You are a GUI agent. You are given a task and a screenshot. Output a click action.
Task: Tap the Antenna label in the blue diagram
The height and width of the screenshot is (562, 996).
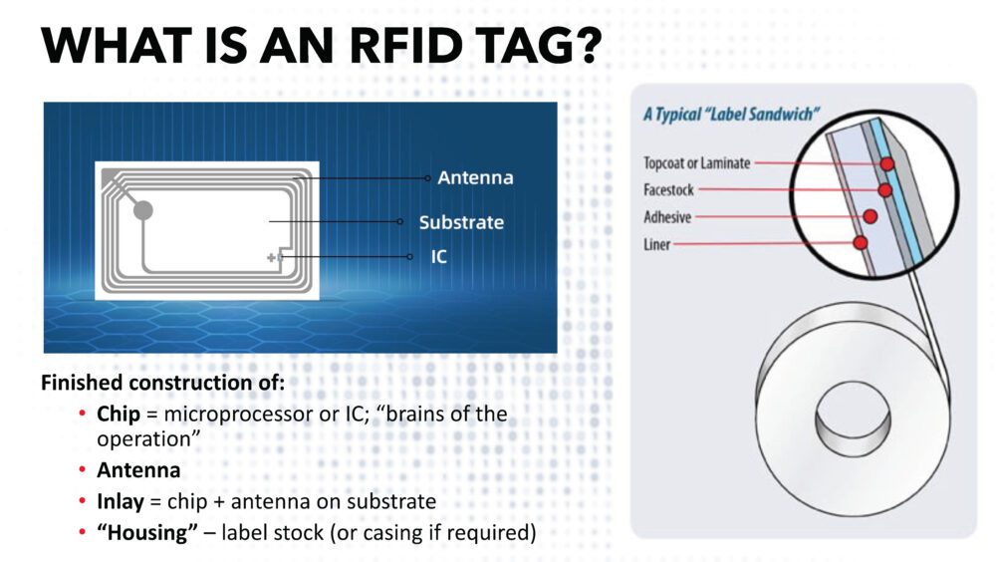[475, 178]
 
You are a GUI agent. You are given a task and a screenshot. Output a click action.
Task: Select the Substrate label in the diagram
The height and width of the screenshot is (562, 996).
[460, 222]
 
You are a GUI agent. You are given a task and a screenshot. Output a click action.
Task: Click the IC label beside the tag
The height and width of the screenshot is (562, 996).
[439, 257]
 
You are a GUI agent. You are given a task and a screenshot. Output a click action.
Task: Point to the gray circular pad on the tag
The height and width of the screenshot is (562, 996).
[143, 210]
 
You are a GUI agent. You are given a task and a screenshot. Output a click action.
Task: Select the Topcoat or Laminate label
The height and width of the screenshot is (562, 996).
[696, 162]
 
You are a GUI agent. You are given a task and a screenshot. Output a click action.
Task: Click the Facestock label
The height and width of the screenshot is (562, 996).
[668, 189]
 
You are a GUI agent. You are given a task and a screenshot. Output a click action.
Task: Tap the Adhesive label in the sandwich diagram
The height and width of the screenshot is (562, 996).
[666, 216]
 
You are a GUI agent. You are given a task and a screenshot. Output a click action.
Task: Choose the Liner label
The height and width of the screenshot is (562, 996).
[656, 243]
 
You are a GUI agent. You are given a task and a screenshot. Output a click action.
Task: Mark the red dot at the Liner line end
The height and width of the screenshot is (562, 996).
[861, 242]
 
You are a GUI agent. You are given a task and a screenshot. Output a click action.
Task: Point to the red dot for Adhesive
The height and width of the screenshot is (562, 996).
[870, 215]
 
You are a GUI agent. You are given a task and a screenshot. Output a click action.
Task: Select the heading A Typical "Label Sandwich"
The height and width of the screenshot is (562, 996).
[727, 115]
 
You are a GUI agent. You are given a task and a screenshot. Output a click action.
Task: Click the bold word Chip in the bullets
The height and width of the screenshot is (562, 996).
[116, 414]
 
